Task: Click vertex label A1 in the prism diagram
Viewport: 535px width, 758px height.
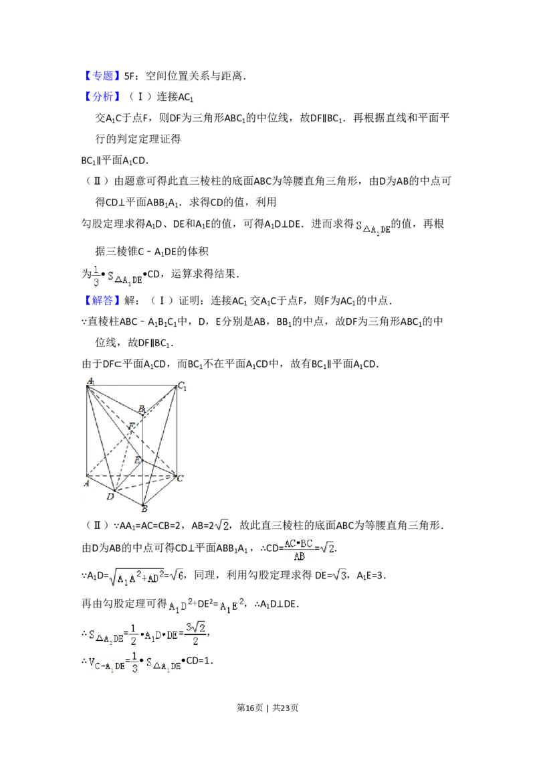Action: tap(90, 382)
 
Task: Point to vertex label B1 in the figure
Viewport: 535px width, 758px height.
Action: tap(142, 408)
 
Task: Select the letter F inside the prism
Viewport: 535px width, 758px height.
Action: tap(132, 426)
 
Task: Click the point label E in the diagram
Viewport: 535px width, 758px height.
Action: tap(137, 460)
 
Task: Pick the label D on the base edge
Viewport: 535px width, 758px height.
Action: tap(110, 496)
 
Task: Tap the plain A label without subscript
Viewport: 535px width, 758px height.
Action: tap(86, 482)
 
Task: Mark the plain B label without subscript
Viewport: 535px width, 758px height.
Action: tap(144, 509)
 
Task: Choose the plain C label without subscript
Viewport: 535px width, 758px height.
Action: tap(181, 477)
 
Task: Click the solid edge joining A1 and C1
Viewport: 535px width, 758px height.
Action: tap(134, 385)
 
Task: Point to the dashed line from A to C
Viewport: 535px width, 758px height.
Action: tap(134, 477)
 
